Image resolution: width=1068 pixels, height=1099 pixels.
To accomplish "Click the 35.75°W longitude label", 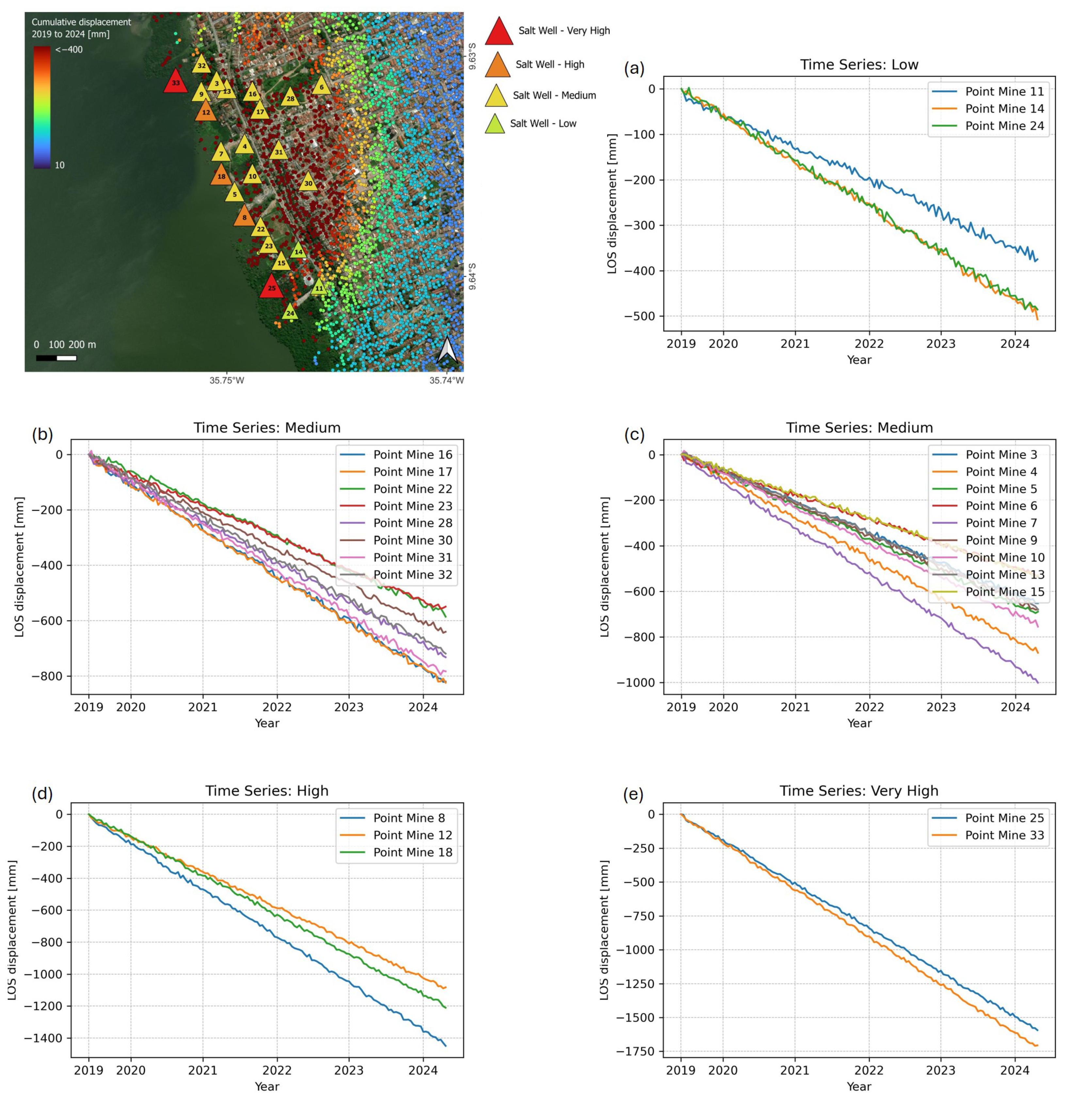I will click(227, 380).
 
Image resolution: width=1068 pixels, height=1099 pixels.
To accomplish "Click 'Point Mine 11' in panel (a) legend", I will click(1004, 91).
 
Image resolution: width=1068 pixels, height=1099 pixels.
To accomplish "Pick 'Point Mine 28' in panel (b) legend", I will click(412, 523).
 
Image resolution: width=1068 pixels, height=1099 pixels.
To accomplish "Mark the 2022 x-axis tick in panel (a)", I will click(869, 343).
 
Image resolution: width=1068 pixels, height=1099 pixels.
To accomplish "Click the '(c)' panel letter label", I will click(634, 434).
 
